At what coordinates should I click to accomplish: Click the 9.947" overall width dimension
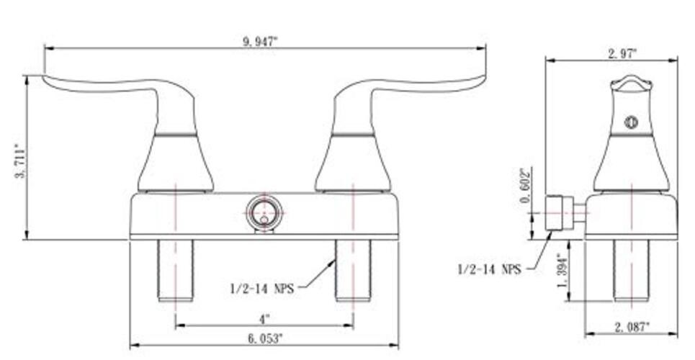260,42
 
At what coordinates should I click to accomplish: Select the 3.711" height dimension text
20,161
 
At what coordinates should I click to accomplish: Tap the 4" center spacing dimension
264,319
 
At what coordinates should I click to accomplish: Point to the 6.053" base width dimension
265,339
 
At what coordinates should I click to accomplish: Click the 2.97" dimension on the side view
622,54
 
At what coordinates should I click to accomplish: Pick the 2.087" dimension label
632,328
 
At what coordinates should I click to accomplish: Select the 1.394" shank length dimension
562,271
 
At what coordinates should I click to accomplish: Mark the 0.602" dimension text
526,185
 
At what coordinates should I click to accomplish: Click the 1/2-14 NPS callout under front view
262,289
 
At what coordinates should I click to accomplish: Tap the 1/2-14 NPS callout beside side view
489,269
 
